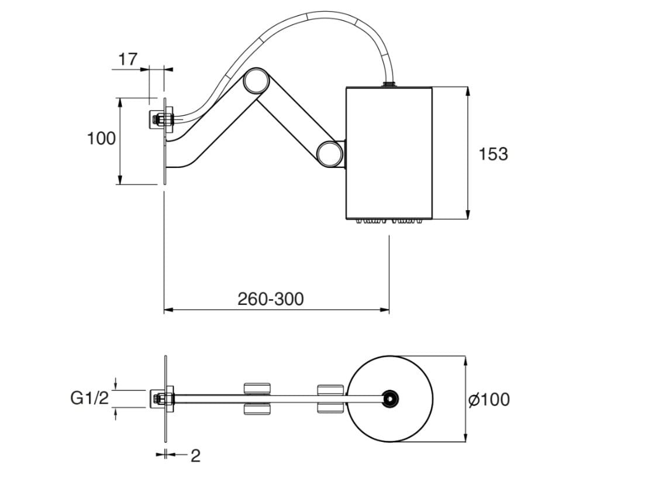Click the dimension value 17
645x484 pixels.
pyautogui.click(x=127, y=59)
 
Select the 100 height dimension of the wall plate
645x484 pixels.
pyautogui.click(x=101, y=139)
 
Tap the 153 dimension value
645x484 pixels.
pyautogui.click(x=493, y=155)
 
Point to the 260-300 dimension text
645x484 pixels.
pyautogui.click(x=271, y=299)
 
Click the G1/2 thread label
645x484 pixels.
pyautogui.click(x=89, y=399)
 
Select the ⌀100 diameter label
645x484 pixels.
pyautogui.click(x=489, y=400)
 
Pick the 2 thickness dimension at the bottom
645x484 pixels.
pyautogui.click(x=195, y=456)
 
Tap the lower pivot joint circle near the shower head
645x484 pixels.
pyautogui.click(x=329, y=153)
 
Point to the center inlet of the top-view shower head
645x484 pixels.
pyautogui.click(x=389, y=399)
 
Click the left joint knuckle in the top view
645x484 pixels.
pyautogui.click(x=257, y=399)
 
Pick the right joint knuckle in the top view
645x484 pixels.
pyautogui.click(x=330, y=399)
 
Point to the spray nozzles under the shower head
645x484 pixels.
pyautogui.click(x=389, y=221)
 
